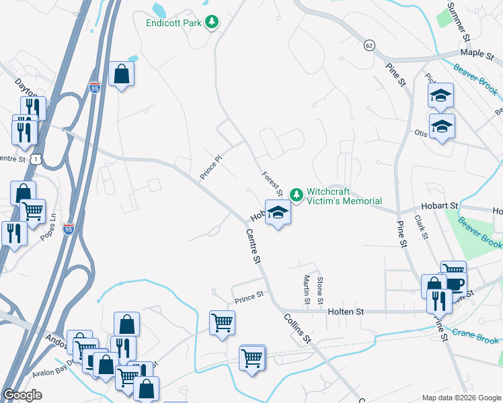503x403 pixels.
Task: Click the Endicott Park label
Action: pos(174,22)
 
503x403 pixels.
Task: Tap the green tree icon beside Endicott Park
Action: pos(212,22)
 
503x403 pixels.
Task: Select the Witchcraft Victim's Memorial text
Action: pos(344,195)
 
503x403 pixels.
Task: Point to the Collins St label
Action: pos(296,328)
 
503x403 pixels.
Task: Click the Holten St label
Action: pos(346,312)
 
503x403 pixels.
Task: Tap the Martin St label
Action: pos(307,289)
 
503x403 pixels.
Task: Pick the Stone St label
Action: pos(320,287)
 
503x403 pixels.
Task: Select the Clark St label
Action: pos(422,227)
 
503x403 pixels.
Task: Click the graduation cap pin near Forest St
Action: pos(278,213)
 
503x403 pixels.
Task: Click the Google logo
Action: pos(23,395)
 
